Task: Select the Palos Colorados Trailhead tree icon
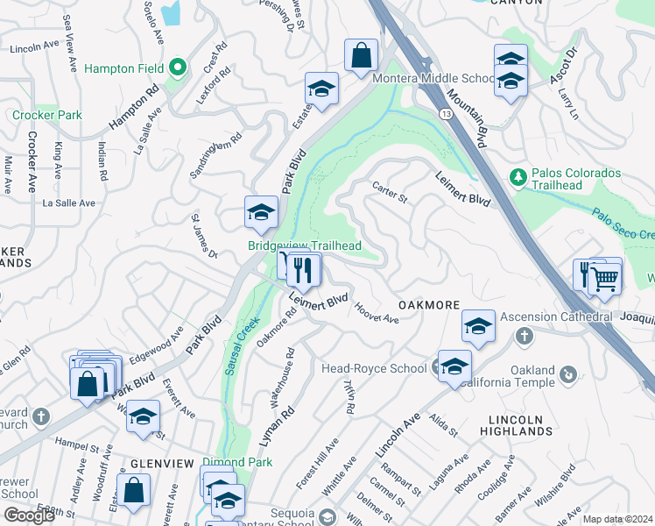pos(517,178)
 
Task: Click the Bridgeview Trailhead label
pos(304,246)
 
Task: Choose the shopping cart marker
pos(604,278)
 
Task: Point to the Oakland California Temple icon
pos(568,375)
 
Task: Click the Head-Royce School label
pos(374,369)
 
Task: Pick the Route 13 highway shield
pos(445,114)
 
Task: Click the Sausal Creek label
pos(235,348)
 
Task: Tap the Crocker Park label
pos(47,115)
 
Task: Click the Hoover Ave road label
pos(377,313)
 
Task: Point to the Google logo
pos(28,515)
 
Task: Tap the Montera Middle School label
pos(434,79)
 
